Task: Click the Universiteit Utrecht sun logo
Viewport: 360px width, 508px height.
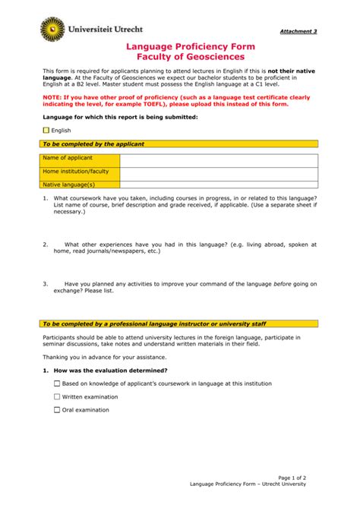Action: (x=52, y=29)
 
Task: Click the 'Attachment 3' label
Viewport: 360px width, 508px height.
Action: (x=298, y=31)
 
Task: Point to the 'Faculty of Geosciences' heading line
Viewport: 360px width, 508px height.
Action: (x=179, y=58)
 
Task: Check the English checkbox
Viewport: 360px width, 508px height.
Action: (x=46, y=131)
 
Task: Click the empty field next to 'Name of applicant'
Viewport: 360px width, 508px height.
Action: (x=219, y=159)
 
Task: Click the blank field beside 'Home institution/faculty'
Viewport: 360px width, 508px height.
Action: (x=219, y=173)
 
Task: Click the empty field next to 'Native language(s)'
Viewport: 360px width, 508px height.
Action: (x=219, y=184)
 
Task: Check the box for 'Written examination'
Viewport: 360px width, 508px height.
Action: (x=57, y=396)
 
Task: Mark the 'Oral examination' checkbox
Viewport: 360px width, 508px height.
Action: (x=57, y=410)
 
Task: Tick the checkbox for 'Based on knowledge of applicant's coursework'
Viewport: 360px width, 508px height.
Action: (x=57, y=383)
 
